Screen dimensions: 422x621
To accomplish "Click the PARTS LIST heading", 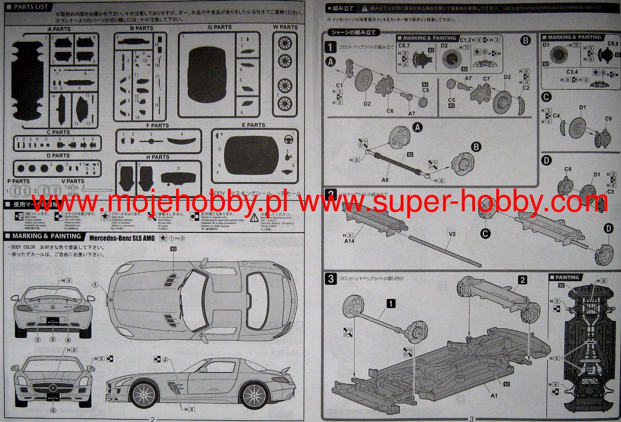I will (x=31, y=7).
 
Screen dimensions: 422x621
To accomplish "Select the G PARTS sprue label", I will (x=219, y=27).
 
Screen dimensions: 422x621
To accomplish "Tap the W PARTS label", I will (x=285, y=27).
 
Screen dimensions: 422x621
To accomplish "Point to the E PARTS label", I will (x=253, y=125).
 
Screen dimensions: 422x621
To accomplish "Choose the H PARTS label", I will (x=158, y=157).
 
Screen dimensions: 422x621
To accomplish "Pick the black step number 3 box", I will (x=331, y=279).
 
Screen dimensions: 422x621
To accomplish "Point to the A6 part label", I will (x=385, y=180).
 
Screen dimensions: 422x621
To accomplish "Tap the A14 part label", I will (x=349, y=241).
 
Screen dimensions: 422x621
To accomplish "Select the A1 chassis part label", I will (x=494, y=396).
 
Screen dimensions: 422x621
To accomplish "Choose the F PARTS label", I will (x=157, y=126).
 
